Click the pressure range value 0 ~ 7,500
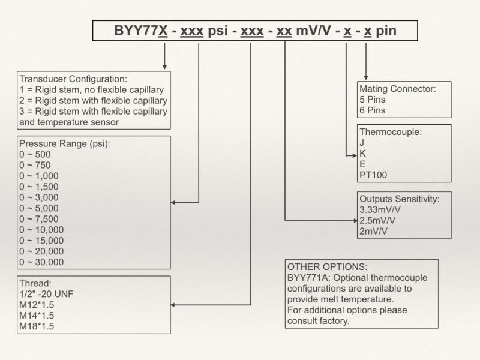pyautogui.click(x=39, y=219)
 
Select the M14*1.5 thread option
pyautogui.click(x=37, y=316)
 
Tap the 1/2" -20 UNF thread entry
pyautogui.click(x=46, y=294)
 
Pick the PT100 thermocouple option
pyautogui.click(x=373, y=175)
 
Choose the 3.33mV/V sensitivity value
pyautogui.click(x=380, y=209)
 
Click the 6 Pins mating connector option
pyautogui.click(x=372, y=110)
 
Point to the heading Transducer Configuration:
pyautogui.click(x=73, y=79)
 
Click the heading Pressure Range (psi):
pyautogui.click(x=65, y=143)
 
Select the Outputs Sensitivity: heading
pyautogui.click(x=400, y=199)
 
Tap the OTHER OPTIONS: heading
pyautogui.click(x=327, y=266)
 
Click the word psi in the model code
pyautogui.click(x=218, y=31)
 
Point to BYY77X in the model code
pyautogui.click(x=141, y=31)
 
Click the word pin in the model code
pyautogui.click(x=386, y=31)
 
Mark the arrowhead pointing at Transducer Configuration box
pyautogui.click(x=164, y=67)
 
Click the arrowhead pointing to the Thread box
pyautogui.click(x=173, y=305)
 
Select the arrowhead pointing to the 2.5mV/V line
pyautogui.click(x=355, y=220)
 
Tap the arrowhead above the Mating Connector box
pyautogui.click(x=366, y=78)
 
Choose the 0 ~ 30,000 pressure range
pyautogui.click(x=41, y=262)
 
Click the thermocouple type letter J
pyautogui.click(x=362, y=143)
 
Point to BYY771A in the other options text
pyautogui.click(x=308, y=278)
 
